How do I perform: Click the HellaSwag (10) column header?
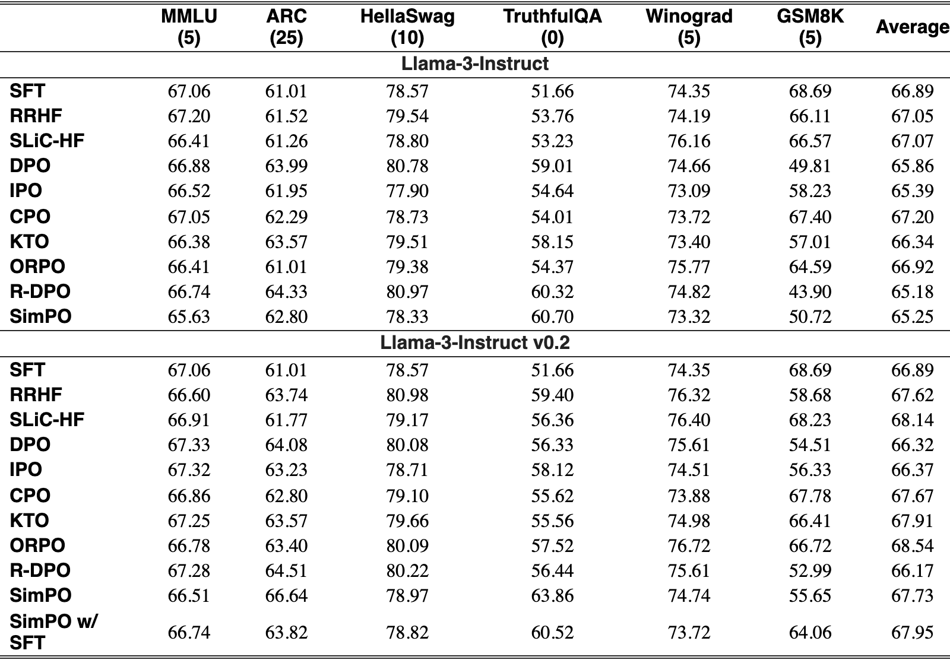tap(407, 27)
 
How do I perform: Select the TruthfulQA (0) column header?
tap(552, 27)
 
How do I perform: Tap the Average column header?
tap(912, 27)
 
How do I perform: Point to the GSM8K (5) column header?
tap(810, 27)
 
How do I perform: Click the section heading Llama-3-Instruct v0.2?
tap(475, 342)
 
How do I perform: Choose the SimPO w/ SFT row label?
tap(53, 632)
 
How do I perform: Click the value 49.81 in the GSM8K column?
tap(810, 166)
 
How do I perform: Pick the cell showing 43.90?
tap(810, 291)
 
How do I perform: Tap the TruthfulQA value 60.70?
tap(552, 317)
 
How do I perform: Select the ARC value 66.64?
tap(286, 595)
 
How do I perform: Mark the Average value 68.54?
tap(912, 545)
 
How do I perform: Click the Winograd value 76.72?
tap(689, 545)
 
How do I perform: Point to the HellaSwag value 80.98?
tap(407, 395)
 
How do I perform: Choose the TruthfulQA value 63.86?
tap(552, 595)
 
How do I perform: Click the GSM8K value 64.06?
tap(810, 633)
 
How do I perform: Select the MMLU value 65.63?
tap(189, 317)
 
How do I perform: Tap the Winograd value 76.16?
tap(689, 141)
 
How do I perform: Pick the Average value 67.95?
tap(912, 633)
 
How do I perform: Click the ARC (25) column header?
tap(286, 27)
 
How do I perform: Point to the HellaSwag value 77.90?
tap(407, 191)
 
